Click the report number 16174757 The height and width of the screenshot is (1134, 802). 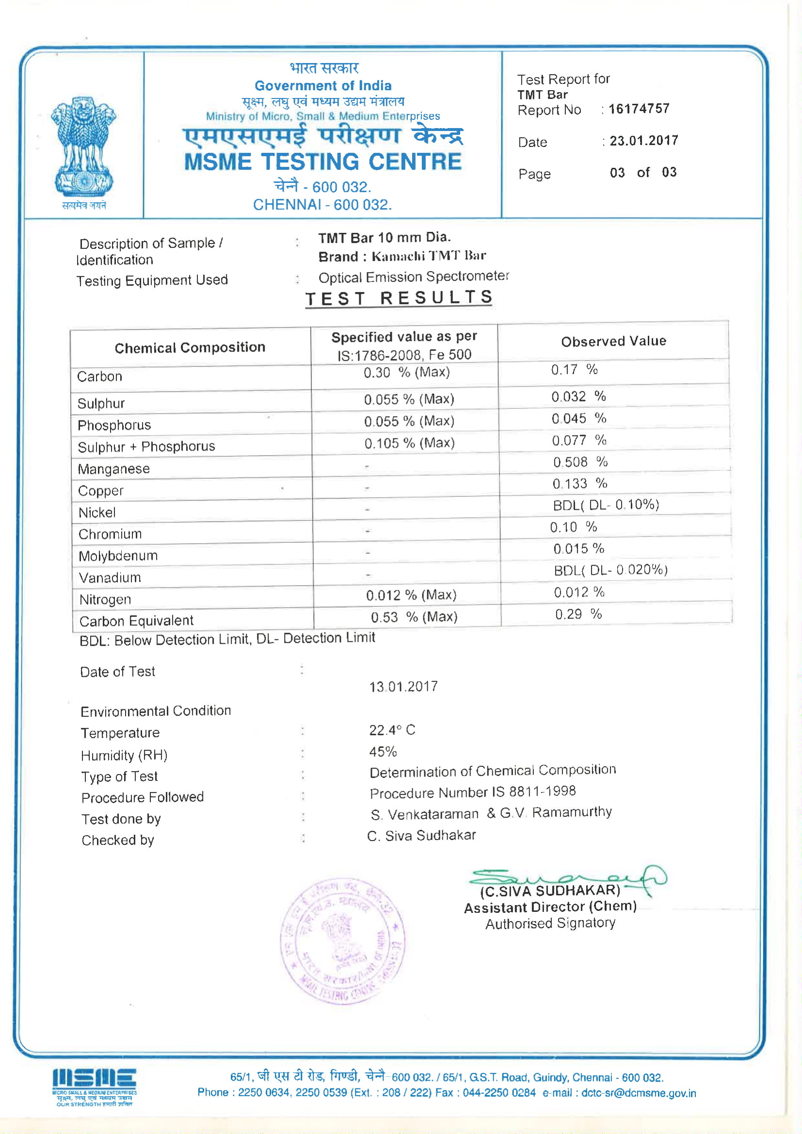(639, 109)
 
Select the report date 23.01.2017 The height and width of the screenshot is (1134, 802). (643, 141)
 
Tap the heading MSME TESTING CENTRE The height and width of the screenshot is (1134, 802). (322, 162)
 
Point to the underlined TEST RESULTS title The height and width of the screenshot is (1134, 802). (399, 298)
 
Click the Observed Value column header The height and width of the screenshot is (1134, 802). (613, 341)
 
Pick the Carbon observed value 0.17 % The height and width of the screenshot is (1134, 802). (574, 370)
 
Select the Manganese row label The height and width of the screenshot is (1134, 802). (113, 469)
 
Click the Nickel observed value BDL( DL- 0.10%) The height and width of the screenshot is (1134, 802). (606, 505)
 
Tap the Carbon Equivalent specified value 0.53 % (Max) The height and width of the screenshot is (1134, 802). (414, 617)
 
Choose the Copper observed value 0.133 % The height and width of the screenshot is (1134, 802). (579, 484)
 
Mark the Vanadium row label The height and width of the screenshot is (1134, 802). (110, 577)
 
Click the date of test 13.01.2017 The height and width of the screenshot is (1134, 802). (403, 686)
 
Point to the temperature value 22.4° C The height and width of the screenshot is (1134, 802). (392, 730)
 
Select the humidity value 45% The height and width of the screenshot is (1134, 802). (383, 752)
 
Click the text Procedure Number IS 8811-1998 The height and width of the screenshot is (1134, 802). (473, 792)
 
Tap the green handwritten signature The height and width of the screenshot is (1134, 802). (568, 879)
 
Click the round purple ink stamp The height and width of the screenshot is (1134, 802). (342, 941)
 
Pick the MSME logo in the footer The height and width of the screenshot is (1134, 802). (94, 1086)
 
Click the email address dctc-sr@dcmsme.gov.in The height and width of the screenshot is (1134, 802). (638, 1093)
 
